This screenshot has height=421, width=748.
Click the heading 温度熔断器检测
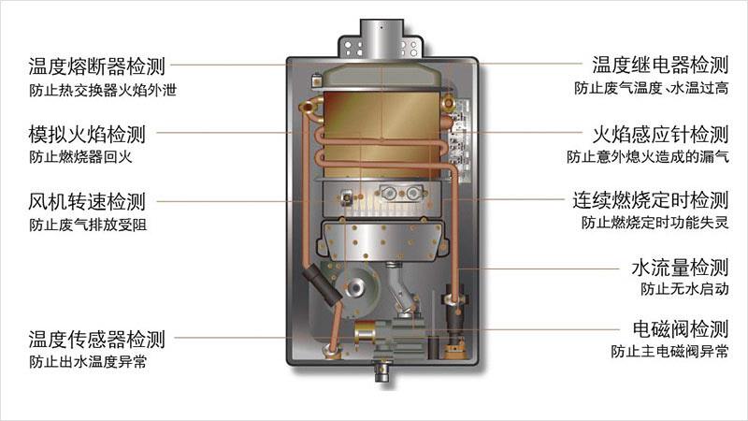click(x=96, y=66)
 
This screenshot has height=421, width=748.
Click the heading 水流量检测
click(x=679, y=269)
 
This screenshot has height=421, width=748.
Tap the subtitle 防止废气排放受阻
click(x=87, y=225)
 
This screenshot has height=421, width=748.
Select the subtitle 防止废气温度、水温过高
click(x=651, y=89)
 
